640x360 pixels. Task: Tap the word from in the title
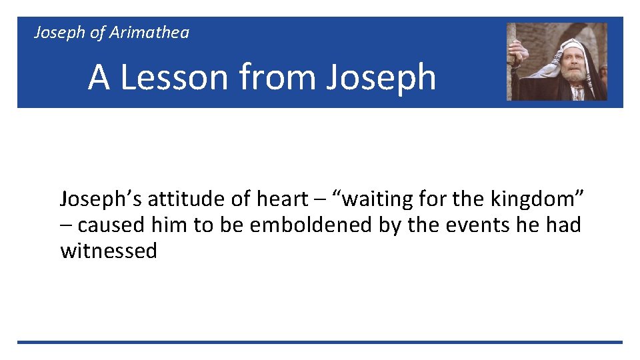point(281,77)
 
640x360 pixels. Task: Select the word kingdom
point(530,199)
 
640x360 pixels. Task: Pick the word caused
point(111,225)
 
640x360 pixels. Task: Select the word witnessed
point(109,251)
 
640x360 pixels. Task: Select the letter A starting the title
point(99,77)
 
